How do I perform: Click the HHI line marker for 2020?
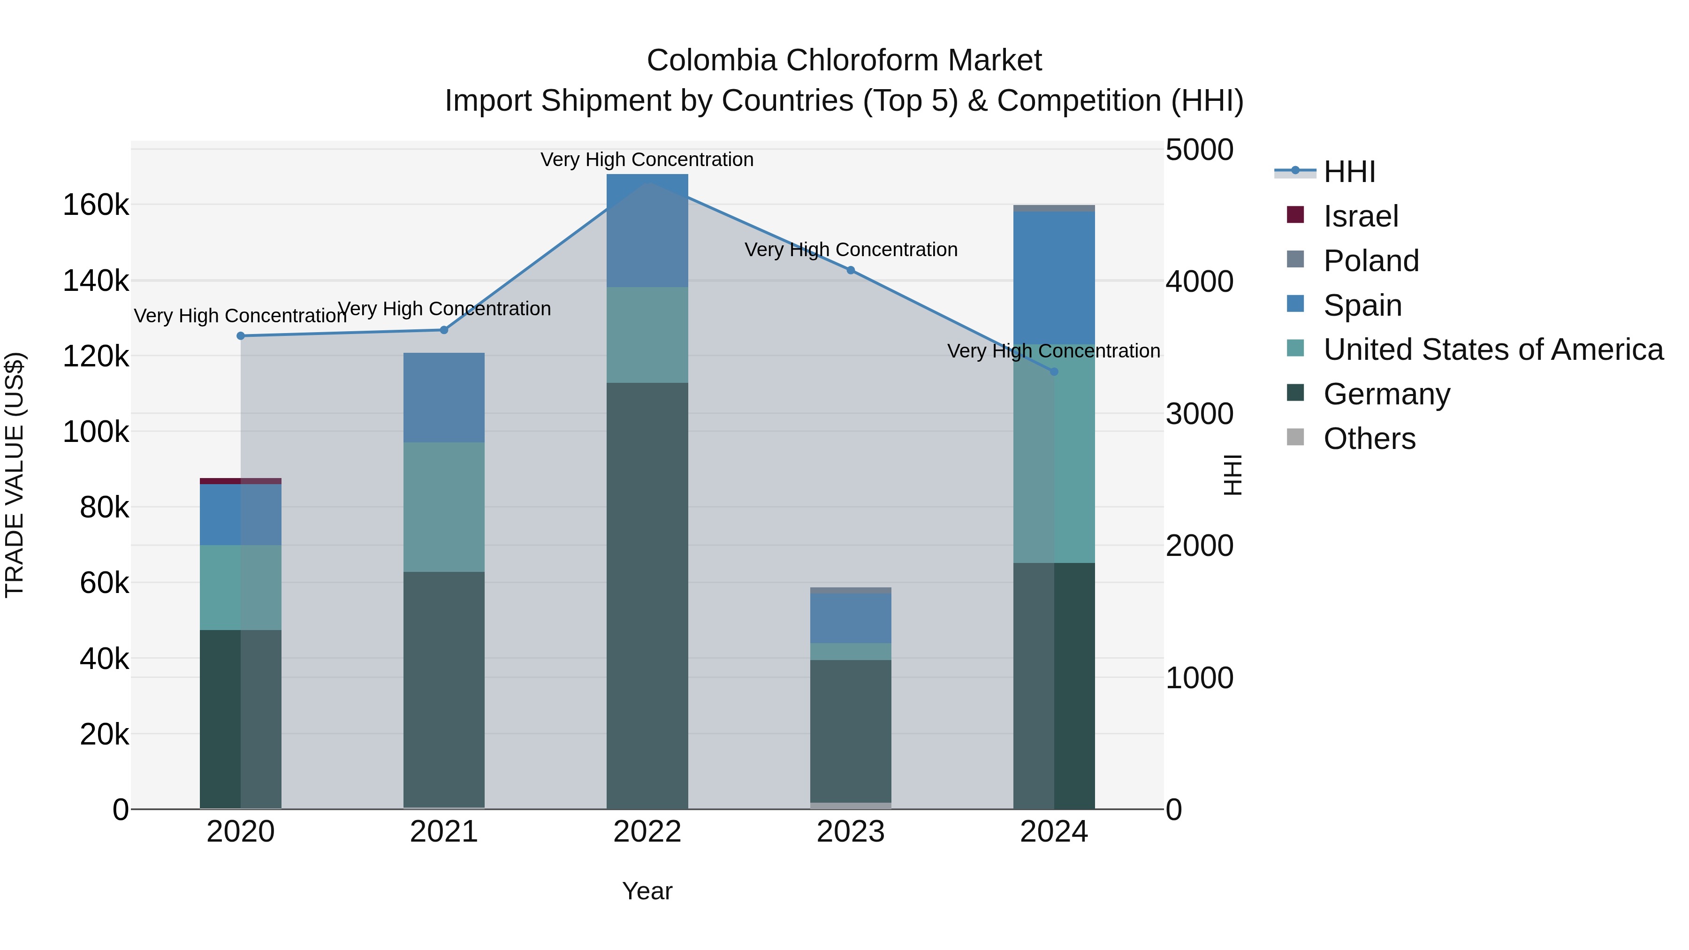[x=241, y=336]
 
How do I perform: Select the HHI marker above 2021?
[x=444, y=330]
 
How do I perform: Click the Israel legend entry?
[x=1361, y=216]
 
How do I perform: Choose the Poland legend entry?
[x=1370, y=261]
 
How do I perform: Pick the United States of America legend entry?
[x=1492, y=350]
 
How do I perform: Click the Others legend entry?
[x=1369, y=439]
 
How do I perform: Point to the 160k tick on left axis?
[x=96, y=205]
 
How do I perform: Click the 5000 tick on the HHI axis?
[x=1199, y=150]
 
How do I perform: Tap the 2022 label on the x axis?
[x=647, y=832]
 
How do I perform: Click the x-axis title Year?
[x=647, y=891]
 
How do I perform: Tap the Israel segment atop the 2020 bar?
[x=241, y=481]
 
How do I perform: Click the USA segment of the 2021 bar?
[x=444, y=507]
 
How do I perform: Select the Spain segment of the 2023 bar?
[x=851, y=618]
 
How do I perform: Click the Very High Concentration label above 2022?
[x=647, y=160]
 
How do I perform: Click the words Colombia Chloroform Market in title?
[x=844, y=61]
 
